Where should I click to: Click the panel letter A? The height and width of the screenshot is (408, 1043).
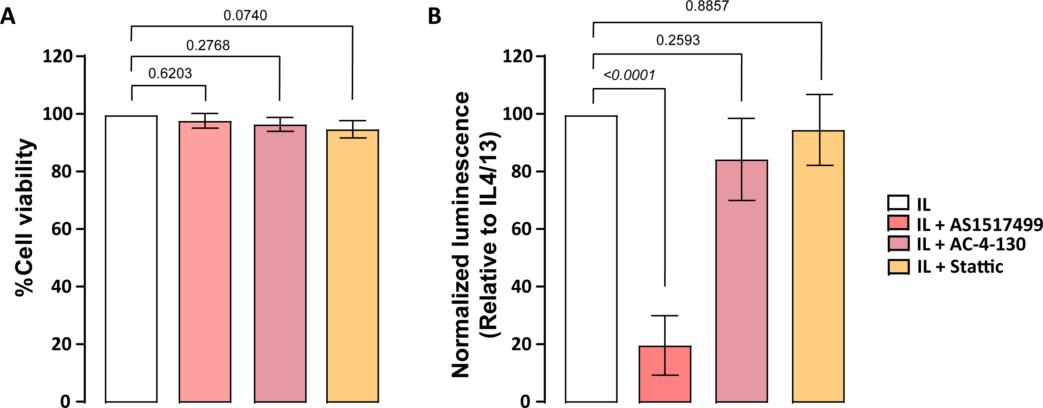[x=8, y=17]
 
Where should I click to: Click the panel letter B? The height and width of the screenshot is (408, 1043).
[x=434, y=17]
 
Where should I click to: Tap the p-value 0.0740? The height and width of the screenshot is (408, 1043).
[x=245, y=15]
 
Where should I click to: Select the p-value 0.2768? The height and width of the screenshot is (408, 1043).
[x=208, y=45]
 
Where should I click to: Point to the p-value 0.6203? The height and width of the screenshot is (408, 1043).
[x=170, y=73]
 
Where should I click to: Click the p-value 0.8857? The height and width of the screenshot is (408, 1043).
[x=707, y=6]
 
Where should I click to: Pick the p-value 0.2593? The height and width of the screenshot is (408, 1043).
[x=678, y=40]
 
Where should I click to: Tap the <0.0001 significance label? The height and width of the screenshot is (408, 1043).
[x=629, y=75]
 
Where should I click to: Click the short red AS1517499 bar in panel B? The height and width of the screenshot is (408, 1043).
[x=665, y=374]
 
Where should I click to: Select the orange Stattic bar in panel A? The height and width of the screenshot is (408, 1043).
[x=353, y=266]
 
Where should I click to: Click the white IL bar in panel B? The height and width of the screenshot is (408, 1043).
[x=591, y=259]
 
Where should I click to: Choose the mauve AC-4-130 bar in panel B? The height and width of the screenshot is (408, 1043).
[x=742, y=281]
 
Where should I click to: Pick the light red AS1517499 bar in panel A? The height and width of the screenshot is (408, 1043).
[x=205, y=261]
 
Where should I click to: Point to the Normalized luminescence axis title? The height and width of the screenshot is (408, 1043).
[x=461, y=235]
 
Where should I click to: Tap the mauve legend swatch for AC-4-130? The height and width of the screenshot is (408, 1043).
[x=898, y=244]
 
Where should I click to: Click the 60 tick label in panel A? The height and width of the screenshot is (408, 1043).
[x=62, y=229]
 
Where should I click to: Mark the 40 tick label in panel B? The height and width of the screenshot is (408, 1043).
[x=522, y=287]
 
